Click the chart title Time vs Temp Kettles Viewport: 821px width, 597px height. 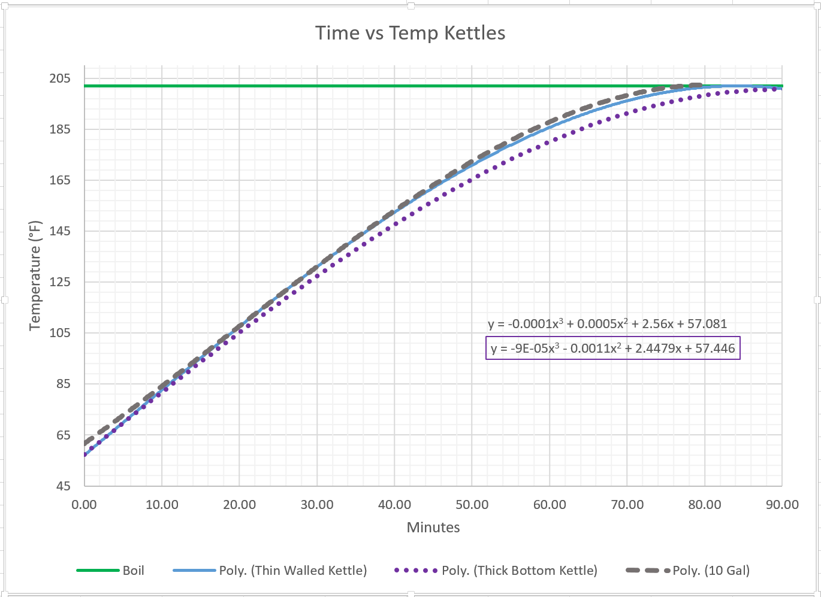410,33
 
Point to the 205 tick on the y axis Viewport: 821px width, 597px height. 60,78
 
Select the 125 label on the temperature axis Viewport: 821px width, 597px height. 60,282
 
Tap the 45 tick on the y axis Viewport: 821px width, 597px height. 64,486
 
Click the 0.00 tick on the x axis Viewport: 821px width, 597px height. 84,505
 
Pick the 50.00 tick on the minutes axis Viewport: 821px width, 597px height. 472,505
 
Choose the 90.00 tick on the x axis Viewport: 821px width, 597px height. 782,505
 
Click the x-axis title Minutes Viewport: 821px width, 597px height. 433,528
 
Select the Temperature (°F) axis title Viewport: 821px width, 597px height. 35,275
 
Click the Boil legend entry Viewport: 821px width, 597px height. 133,571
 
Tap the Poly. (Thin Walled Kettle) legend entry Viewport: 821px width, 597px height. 292,571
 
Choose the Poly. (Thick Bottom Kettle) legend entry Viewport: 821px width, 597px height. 519,571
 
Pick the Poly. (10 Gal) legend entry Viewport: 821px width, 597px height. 711,571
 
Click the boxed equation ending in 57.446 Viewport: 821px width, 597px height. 612,348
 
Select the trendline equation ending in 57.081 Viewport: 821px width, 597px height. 607,324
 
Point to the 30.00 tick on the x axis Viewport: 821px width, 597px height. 317,505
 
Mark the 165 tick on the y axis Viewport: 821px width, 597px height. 60,180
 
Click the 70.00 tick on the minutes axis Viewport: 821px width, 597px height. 627,505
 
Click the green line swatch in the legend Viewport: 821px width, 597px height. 98,571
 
